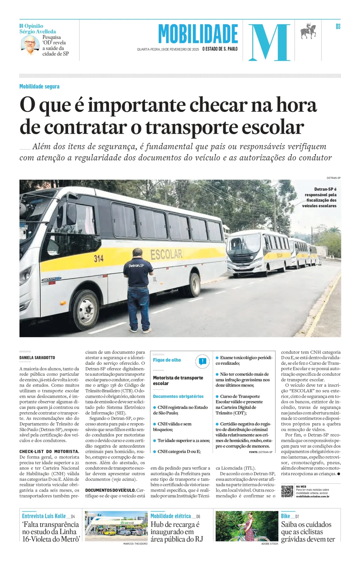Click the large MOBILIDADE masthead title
point(198,34)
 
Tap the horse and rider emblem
point(309,31)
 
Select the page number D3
point(338,27)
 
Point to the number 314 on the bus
point(99,258)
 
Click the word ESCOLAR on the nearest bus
point(166,255)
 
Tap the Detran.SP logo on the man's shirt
point(136,266)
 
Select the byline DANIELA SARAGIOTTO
point(37,357)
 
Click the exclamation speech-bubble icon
point(202,361)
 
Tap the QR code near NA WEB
point(287,491)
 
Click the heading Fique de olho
point(167,360)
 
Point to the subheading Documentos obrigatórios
point(178,396)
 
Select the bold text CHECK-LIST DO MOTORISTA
point(49,451)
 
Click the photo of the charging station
point(116,526)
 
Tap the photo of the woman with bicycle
point(247,526)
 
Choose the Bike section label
point(285,516)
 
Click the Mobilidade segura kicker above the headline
point(39,86)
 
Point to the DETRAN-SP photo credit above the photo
point(333,178)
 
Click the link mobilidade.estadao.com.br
point(313,496)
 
